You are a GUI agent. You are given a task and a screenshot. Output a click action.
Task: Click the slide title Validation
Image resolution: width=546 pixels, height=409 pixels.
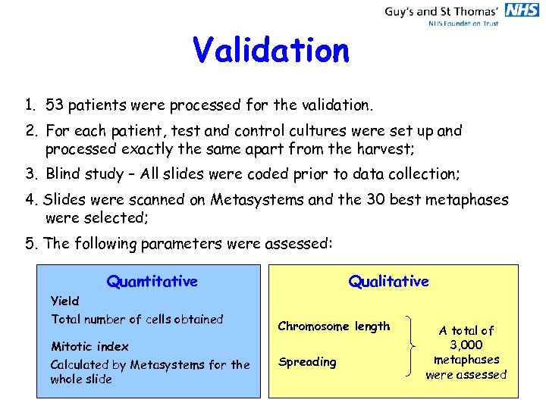pos(271,51)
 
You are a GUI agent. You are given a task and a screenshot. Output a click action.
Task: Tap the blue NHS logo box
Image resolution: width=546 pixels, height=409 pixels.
pos(522,10)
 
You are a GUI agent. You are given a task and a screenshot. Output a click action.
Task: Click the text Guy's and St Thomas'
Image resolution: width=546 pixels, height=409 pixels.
pos(441,11)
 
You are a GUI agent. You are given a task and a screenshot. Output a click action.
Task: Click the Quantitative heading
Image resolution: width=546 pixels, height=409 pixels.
pos(152,282)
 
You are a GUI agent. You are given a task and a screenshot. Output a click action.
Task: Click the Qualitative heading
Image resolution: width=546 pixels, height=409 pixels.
pos(388,282)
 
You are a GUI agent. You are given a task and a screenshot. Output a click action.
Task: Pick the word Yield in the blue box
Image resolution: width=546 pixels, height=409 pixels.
pos(65,301)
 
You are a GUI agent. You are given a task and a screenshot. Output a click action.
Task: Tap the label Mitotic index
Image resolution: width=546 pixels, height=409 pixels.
pos(89,346)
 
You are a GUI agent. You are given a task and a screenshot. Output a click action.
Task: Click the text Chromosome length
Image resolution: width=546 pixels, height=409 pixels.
pos(334,326)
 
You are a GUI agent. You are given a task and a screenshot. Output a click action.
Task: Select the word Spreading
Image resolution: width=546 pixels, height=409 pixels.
pos(307,362)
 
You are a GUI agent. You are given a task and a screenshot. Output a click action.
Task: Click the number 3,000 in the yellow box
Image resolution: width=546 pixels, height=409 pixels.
pos(466,345)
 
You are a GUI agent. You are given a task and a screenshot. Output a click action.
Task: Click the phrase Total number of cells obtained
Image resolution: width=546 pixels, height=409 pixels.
pos(137,319)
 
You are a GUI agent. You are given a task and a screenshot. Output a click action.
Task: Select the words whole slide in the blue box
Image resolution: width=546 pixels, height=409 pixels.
pos(81,379)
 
